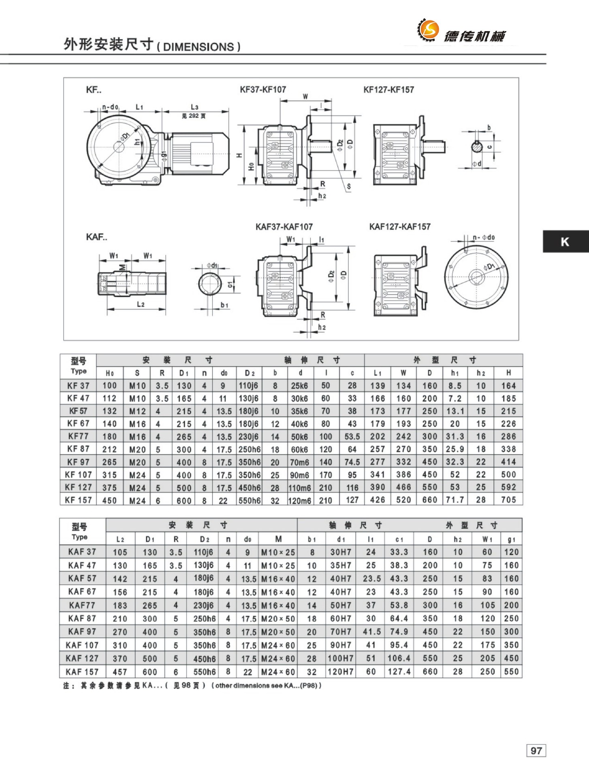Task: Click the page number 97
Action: pos(536,750)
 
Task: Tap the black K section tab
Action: pos(565,242)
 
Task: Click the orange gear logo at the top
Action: pos(428,29)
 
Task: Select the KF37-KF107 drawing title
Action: pos(263,89)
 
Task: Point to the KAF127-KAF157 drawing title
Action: pos(399,227)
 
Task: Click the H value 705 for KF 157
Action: pos(508,500)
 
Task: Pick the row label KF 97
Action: pos(78,462)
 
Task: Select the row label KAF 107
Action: pos(82,645)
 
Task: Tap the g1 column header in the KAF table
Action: pos(511,539)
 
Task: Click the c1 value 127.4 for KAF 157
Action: pos(399,672)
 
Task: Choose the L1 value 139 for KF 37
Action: pos(378,386)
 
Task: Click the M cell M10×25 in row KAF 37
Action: pos(278,552)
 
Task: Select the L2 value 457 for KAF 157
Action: pos(120,672)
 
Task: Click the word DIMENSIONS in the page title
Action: pos(198,47)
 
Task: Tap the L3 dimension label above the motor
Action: pos(194,107)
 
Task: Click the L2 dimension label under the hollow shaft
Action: pos(141,304)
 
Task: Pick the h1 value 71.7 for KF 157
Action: pos(455,500)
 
